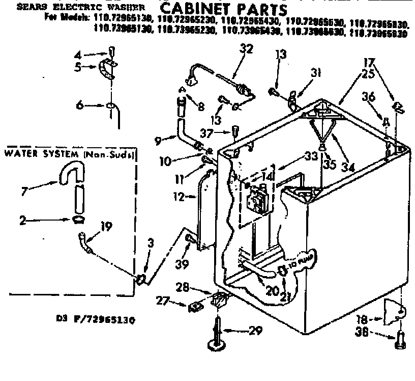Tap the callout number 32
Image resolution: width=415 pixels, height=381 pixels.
(x=246, y=49)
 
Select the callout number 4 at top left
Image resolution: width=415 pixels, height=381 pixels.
(x=78, y=55)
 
